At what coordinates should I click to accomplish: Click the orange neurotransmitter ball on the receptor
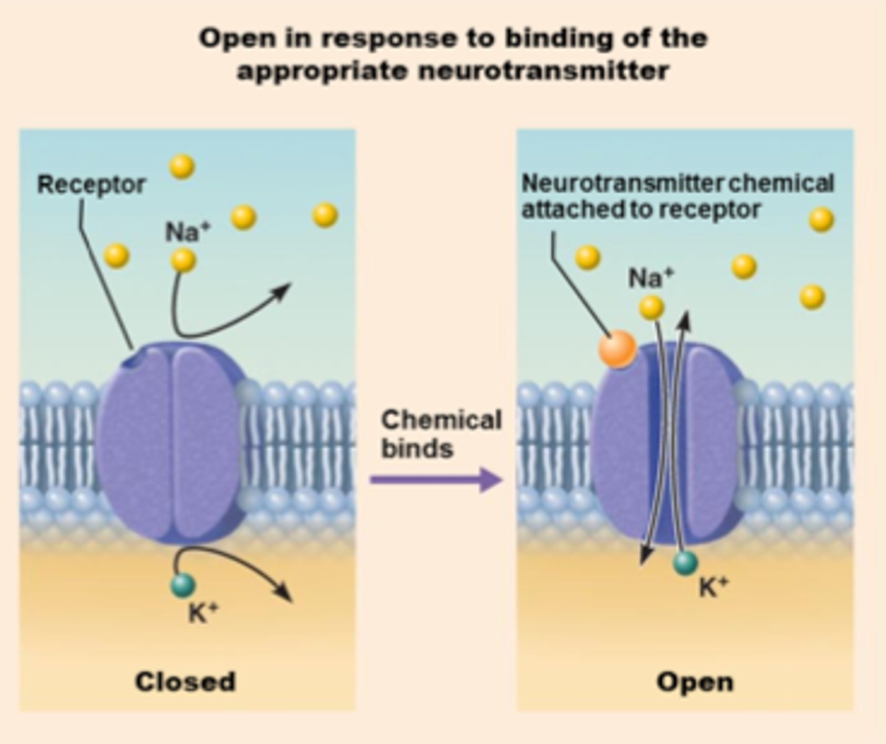(618, 349)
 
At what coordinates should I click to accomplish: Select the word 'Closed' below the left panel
(185, 681)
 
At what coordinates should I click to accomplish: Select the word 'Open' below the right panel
(694, 682)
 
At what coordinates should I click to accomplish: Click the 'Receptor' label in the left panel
(91, 185)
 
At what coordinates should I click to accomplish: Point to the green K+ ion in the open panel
(685, 562)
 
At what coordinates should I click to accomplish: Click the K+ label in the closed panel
(203, 613)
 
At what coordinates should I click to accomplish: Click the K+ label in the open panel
(713, 587)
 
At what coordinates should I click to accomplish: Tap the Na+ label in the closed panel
(187, 232)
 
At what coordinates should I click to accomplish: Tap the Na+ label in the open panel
(650, 278)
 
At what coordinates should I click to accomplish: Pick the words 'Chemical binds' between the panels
(440, 434)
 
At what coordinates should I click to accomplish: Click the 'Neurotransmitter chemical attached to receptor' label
(677, 197)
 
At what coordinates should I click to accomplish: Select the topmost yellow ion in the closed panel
(182, 166)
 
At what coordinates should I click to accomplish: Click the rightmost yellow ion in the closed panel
(325, 215)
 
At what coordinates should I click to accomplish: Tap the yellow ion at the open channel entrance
(651, 307)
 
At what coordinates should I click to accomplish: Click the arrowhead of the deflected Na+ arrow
(285, 290)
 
